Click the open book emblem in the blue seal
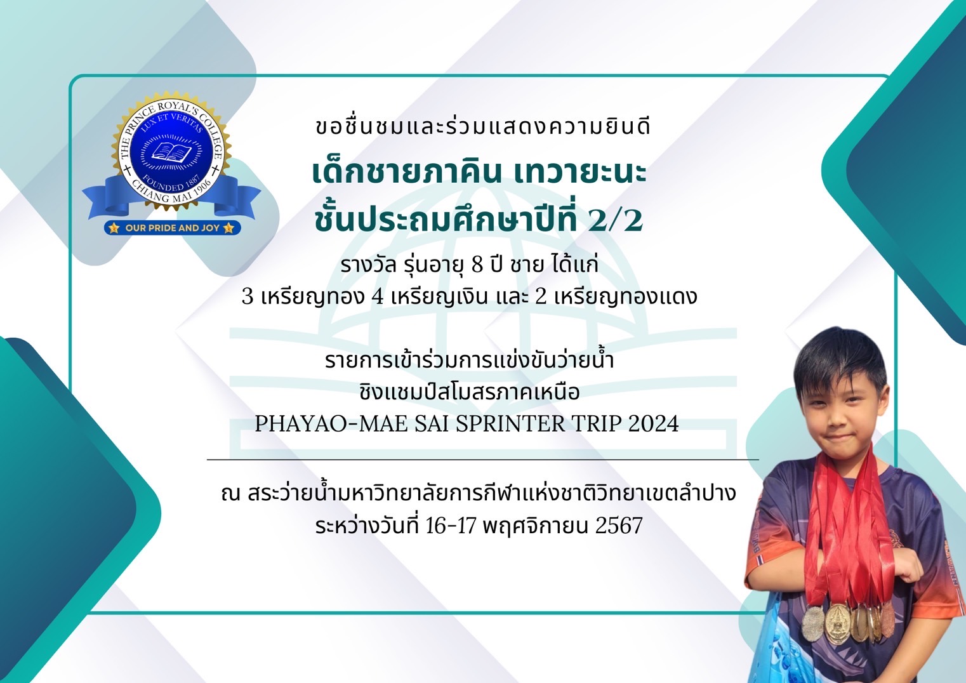click(171, 151)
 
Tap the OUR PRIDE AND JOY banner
click(173, 228)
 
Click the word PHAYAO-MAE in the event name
click(331, 423)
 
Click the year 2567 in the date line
click(619, 526)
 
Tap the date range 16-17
click(451, 526)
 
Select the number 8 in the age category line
click(477, 265)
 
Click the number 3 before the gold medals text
click(248, 296)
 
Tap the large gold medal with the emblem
click(837, 624)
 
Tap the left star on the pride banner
click(114, 228)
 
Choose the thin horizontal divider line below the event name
click(482, 460)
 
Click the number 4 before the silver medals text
click(378, 296)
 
